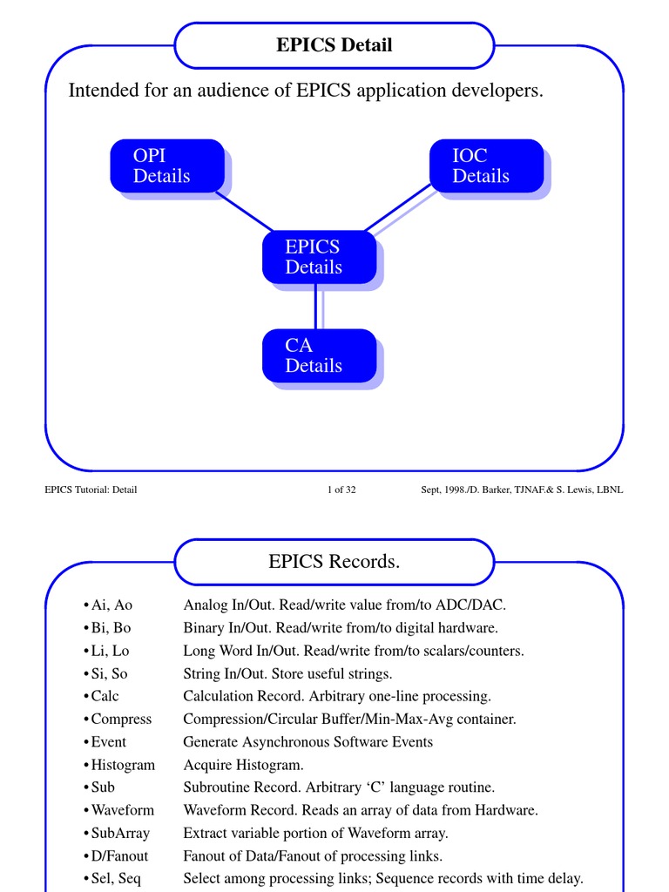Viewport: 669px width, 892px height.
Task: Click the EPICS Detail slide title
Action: tap(334, 45)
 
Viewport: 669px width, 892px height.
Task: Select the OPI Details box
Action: tap(166, 166)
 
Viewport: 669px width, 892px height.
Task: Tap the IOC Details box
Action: tap(486, 166)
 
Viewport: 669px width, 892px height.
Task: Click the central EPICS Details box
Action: tap(319, 257)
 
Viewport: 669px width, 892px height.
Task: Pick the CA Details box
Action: tap(319, 355)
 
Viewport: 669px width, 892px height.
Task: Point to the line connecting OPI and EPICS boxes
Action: tap(244, 212)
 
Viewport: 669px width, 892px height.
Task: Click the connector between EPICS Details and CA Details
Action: tap(315, 306)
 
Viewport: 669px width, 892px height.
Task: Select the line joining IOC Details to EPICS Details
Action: tap(398, 208)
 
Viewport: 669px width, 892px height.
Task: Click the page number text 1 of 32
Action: tap(341, 490)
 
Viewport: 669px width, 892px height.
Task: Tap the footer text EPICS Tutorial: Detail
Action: tap(91, 490)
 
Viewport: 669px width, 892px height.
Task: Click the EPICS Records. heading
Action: tap(334, 562)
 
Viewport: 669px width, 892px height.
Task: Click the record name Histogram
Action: tap(123, 765)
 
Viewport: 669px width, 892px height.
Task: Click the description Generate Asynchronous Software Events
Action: tap(307, 742)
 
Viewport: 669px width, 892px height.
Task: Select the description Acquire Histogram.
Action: tap(243, 765)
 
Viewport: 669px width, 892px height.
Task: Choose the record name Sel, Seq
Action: tap(116, 878)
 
